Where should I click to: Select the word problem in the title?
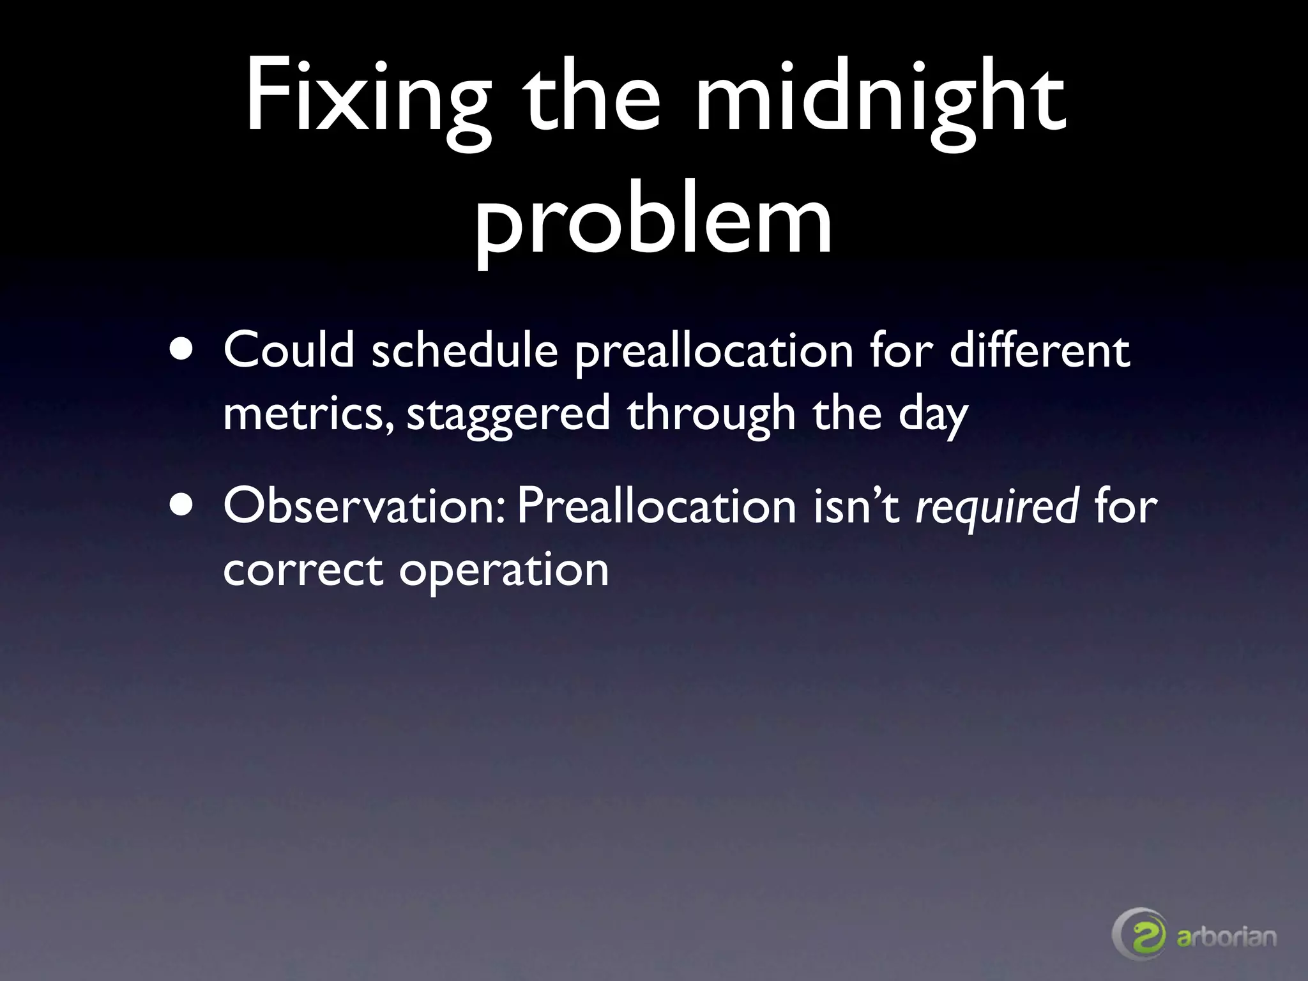(x=653, y=220)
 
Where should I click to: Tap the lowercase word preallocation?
(x=714, y=351)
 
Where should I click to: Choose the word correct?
(x=303, y=570)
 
